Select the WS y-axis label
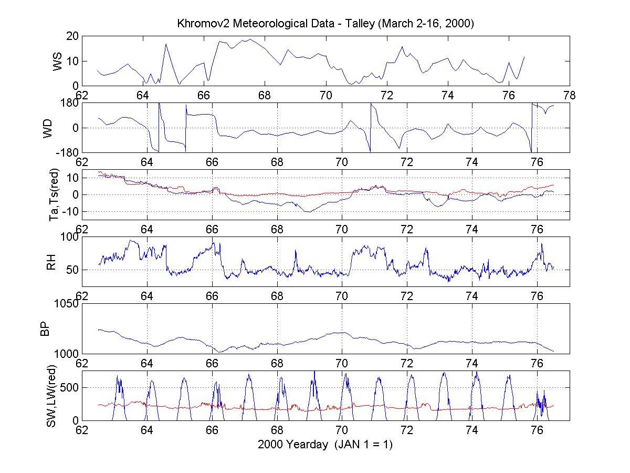[x=57, y=61]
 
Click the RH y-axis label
[x=51, y=262]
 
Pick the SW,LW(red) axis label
[x=51, y=395]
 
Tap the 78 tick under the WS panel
[x=569, y=96]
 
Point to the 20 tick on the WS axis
[x=72, y=36]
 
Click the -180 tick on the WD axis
[x=67, y=153]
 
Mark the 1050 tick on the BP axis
[x=66, y=304]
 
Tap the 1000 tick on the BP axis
[x=66, y=354]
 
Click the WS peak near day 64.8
[x=166, y=44]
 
